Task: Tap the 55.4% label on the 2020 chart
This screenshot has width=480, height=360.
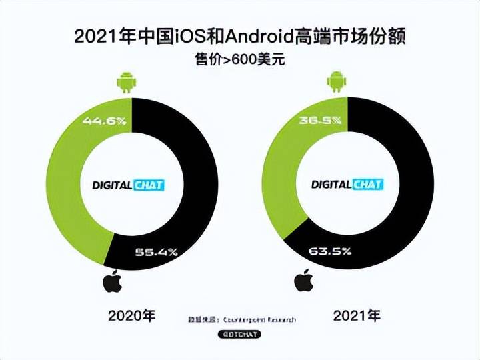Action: pos(155,252)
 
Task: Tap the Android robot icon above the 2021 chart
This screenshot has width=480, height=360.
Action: pos(337,83)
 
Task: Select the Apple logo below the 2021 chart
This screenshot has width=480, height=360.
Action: pos(304,281)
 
